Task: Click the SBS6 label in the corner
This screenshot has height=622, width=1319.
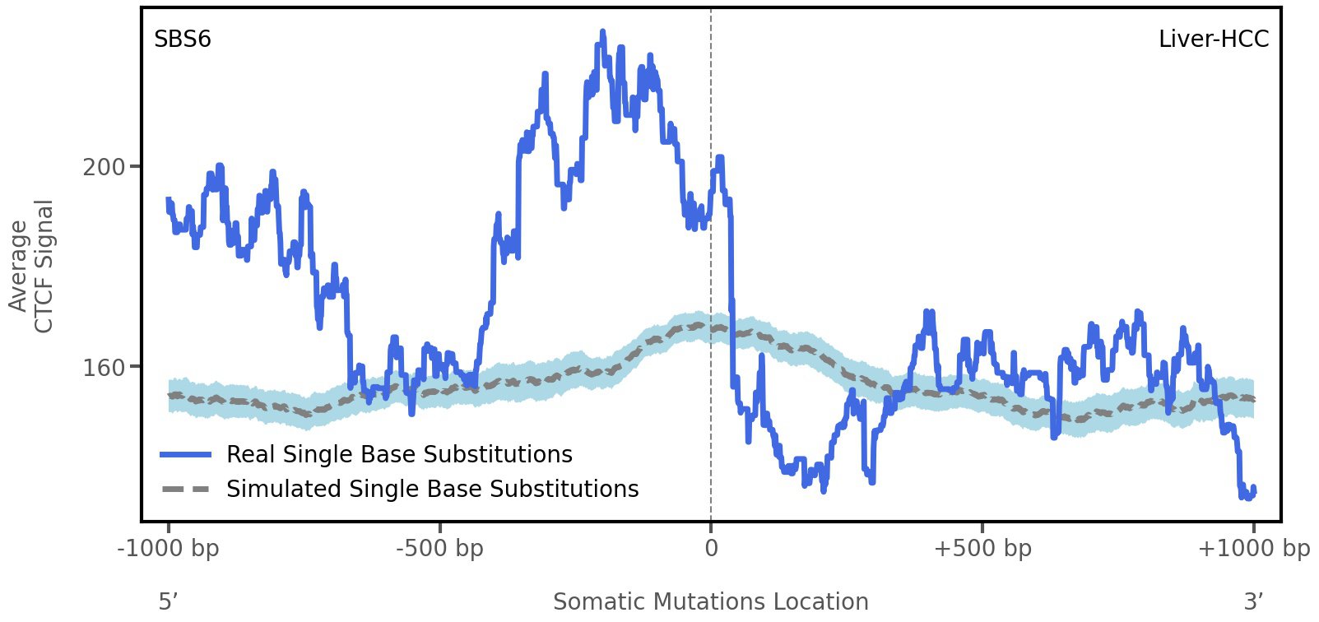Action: (x=183, y=39)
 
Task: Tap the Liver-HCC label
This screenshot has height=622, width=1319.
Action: (x=1213, y=39)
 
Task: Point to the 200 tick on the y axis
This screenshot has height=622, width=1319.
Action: (x=104, y=167)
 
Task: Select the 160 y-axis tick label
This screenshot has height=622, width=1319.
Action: (x=104, y=367)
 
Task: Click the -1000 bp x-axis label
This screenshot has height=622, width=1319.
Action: (x=169, y=548)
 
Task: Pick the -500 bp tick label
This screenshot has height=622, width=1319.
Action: (x=439, y=548)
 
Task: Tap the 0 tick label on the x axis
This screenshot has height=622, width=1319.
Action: (x=711, y=548)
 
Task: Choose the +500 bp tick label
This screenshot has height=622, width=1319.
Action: (x=982, y=548)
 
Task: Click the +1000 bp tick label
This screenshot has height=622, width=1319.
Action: (x=1253, y=548)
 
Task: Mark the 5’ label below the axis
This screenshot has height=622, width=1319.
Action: (x=169, y=601)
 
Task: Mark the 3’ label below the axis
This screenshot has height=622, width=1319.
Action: (x=1253, y=601)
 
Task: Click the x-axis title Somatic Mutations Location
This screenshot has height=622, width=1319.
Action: (x=710, y=601)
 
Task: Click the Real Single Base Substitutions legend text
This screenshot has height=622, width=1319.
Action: (x=399, y=454)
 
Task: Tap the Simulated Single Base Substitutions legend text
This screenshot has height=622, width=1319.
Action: (x=432, y=489)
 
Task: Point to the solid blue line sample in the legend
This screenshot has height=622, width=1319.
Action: (x=186, y=454)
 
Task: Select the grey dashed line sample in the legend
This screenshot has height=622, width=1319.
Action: (x=186, y=489)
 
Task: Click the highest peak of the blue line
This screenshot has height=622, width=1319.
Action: (x=602, y=33)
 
